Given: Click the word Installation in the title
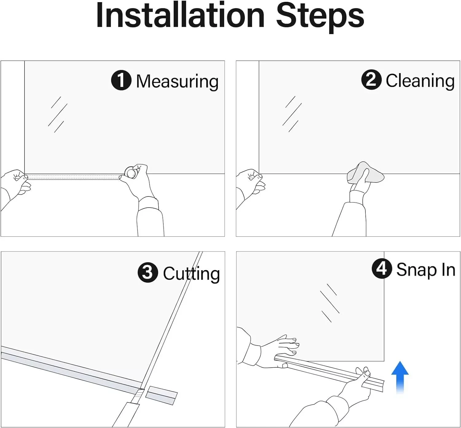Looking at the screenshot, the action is (x=180, y=15).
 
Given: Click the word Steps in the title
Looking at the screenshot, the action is (x=320, y=18).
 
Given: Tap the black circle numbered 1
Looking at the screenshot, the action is (x=121, y=80).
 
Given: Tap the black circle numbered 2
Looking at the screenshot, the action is (x=371, y=79).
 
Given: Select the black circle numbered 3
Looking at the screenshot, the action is (x=148, y=272).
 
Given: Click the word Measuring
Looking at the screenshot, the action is (x=177, y=82).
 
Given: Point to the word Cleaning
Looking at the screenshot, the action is (x=420, y=81).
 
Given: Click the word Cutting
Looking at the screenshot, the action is (x=191, y=274).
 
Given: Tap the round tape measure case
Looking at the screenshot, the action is (x=130, y=172).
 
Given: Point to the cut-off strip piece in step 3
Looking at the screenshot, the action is (x=162, y=395).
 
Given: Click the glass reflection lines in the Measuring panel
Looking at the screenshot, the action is (x=57, y=115).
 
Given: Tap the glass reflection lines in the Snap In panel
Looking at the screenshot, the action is (x=330, y=303).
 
